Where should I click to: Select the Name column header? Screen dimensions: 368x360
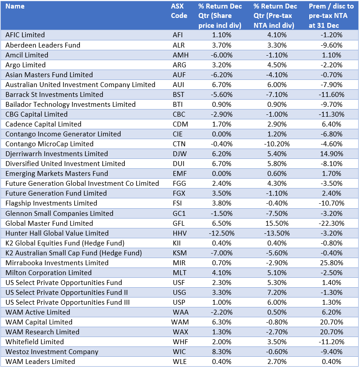(x=15, y=6)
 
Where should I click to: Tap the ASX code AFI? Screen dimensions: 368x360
(x=178, y=35)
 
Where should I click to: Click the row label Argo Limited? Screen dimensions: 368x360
(x=26, y=65)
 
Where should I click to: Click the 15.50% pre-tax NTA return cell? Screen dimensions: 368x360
(x=276, y=223)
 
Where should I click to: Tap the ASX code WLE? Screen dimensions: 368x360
(x=179, y=362)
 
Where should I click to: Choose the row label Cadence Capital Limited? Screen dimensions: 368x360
(x=43, y=124)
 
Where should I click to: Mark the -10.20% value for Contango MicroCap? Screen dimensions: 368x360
(x=276, y=144)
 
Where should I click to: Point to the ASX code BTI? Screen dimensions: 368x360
(x=178, y=104)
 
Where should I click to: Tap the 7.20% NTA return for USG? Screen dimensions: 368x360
(x=276, y=293)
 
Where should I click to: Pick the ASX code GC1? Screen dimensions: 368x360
(x=178, y=214)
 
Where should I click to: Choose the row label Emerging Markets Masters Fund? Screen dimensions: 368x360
(x=57, y=174)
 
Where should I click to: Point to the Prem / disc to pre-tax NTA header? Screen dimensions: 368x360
(x=331, y=16)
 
